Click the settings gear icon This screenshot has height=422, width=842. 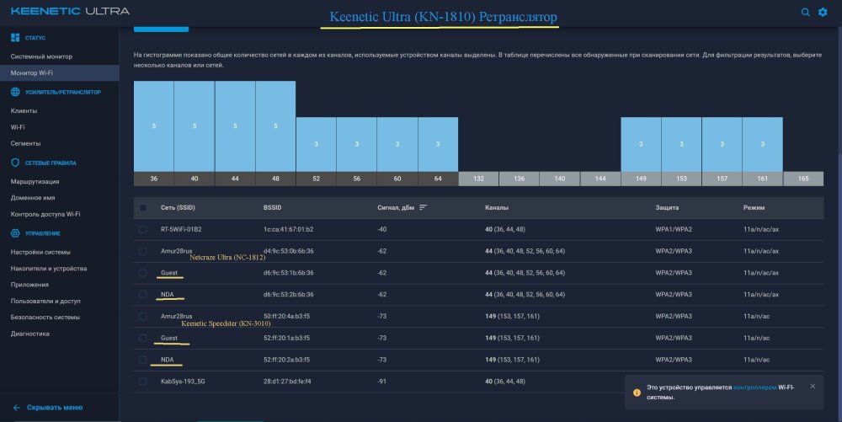click(823, 12)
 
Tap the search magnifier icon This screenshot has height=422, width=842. click(806, 12)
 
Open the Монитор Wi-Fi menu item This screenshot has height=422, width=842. click(32, 73)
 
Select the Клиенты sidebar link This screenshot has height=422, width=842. click(24, 110)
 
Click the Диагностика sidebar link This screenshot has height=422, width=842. click(30, 334)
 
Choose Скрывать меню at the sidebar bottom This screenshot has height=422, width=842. click(55, 408)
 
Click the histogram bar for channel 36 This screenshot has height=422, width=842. click(153, 126)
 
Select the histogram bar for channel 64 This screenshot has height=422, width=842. click(438, 144)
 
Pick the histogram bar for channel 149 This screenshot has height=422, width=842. click(641, 144)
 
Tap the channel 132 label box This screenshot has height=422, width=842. click(478, 179)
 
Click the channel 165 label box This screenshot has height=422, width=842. click(803, 179)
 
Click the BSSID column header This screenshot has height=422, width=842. click(272, 207)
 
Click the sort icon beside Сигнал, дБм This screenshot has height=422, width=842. click(424, 207)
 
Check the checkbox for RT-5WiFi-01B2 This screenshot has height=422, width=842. click(143, 229)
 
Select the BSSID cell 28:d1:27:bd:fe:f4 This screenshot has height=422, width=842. click(287, 382)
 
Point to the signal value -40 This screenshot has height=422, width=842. click(381, 229)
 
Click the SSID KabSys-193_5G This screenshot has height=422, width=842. click(183, 382)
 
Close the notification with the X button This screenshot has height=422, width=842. click(813, 386)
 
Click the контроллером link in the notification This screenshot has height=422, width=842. click(754, 387)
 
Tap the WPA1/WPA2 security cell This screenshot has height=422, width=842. click(674, 229)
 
